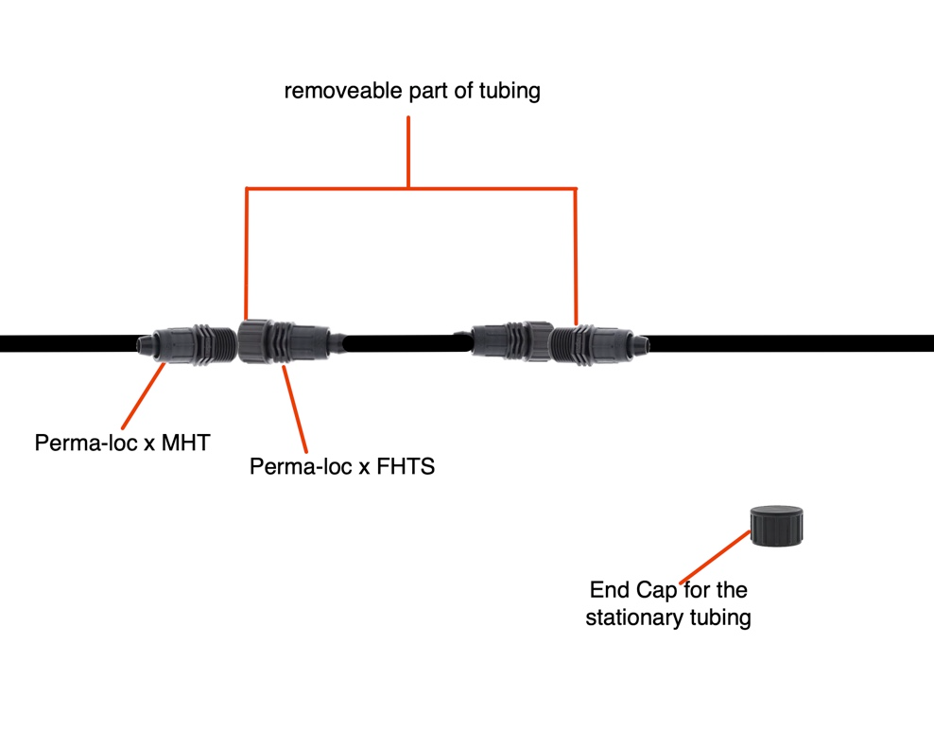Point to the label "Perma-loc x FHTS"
(342, 466)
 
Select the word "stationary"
(631, 618)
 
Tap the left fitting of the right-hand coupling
(510, 341)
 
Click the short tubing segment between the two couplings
(406, 342)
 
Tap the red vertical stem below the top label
(408, 151)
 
